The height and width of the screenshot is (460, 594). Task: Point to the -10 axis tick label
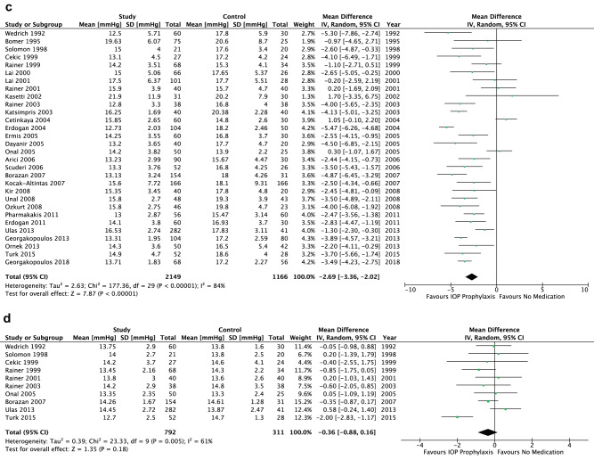(x=411, y=289)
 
